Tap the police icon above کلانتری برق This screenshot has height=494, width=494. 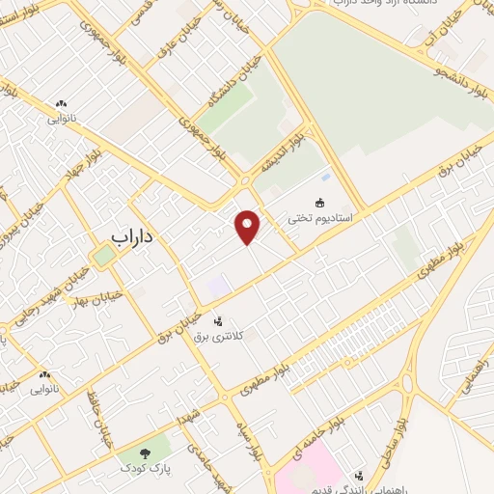pyautogui.click(x=218, y=319)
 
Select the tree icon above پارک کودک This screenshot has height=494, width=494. pyautogui.click(x=144, y=452)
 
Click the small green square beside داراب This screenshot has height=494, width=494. pyautogui.click(x=102, y=256)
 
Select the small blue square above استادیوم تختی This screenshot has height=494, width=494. pyautogui.click(x=325, y=177)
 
